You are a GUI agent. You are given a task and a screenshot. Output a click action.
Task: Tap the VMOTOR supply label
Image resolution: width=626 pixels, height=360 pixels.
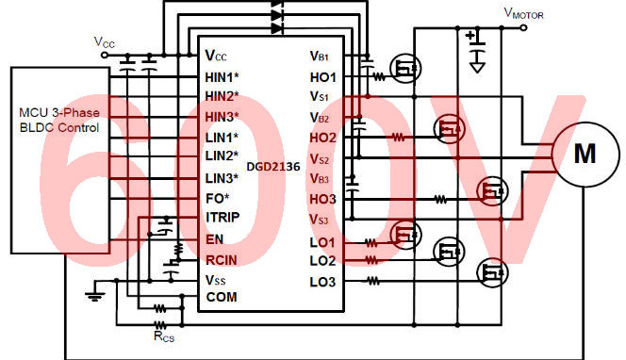(523, 13)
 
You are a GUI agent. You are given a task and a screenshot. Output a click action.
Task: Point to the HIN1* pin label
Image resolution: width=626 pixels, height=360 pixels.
(222, 75)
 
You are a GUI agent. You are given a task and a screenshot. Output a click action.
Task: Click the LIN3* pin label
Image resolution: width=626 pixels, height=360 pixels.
(222, 178)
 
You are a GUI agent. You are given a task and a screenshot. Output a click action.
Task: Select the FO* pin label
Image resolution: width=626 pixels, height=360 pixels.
(217, 199)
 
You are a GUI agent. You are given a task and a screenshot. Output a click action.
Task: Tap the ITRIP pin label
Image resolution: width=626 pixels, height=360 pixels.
(221, 219)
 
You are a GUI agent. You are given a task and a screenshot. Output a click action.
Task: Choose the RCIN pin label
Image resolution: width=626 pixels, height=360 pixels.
(222, 259)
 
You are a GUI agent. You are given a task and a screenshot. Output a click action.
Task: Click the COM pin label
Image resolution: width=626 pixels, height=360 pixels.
(222, 298)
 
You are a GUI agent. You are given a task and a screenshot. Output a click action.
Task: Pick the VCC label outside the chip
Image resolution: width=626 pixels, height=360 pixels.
(106, 41)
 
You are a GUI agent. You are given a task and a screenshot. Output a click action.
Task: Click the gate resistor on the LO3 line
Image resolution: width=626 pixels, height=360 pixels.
(375, 281)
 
